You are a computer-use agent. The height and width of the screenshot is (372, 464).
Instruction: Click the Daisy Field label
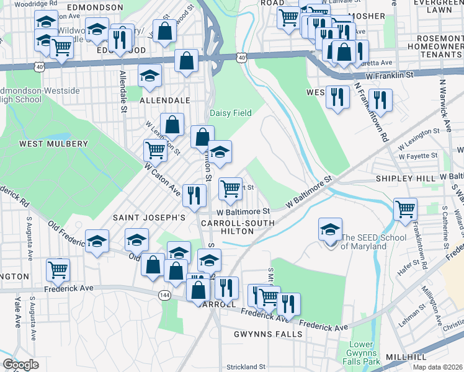tap(231, 113)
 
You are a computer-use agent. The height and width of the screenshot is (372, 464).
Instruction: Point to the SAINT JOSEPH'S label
tap(149, 218)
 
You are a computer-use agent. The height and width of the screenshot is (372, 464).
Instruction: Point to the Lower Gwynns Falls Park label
tap(361, 352)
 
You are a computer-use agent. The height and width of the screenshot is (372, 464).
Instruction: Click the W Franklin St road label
tap(389, 75)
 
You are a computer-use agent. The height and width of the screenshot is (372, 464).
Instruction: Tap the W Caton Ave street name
tap(162, 177)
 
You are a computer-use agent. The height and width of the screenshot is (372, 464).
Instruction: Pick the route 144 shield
tap(165, 294)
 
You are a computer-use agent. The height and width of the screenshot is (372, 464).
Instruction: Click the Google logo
tap(20, 365)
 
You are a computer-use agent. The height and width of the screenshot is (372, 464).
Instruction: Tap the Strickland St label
tap(246, 367)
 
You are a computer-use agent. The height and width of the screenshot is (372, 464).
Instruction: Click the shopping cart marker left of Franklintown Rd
tap(405, 209)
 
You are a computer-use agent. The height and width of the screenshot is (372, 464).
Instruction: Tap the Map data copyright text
tap(438, 367)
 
